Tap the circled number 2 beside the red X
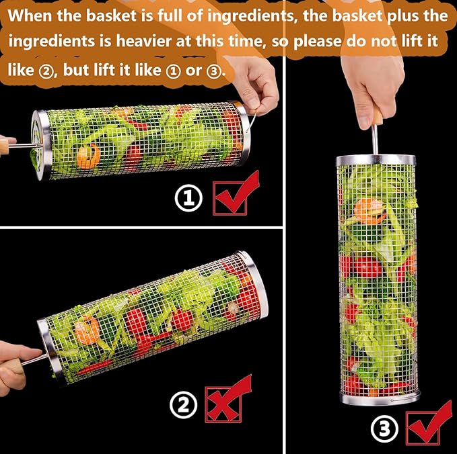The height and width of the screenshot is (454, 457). [184, 405]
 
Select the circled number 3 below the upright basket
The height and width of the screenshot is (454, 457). [384, 428]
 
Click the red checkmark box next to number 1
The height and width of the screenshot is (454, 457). [235, 194]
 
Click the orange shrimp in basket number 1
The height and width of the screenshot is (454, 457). [88, 156]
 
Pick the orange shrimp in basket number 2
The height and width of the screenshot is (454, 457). [87, 330]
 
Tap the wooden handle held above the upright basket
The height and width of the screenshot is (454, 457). [377, 115]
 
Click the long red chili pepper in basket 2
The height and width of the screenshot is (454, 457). [94, 367]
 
